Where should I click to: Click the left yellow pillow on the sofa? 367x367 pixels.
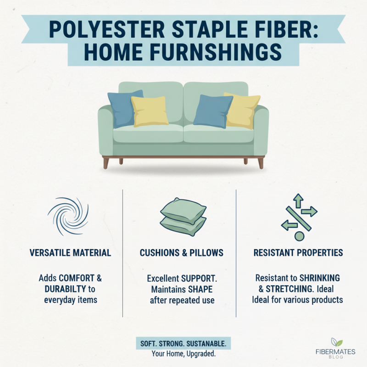pos(150,111)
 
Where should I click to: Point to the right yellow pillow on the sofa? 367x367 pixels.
pos(242,110)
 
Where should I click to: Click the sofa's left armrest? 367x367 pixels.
pos(106,131)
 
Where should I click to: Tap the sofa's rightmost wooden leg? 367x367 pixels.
pos(261,163)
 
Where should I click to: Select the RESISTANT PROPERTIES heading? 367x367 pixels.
pos(299,253)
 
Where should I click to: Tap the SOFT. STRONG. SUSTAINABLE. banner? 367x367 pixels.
pos(183,344)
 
